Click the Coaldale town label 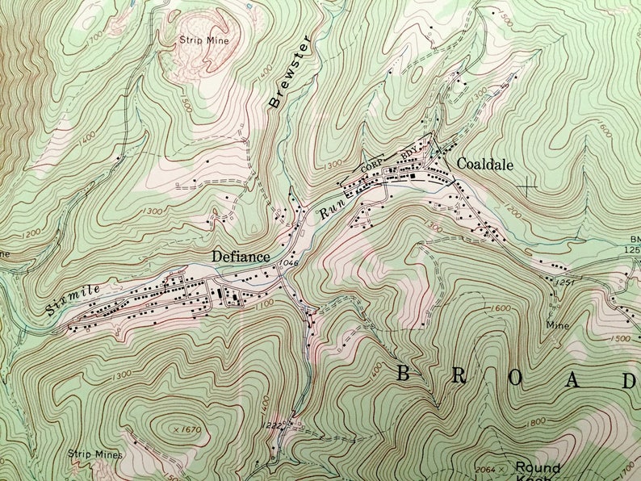tap(485, 163)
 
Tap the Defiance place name tap(240, 256)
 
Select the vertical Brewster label tap(287, 72)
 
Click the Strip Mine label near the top tap(204, 40)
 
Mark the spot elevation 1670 tap(189, 430)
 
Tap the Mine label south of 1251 tap(557, 325)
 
